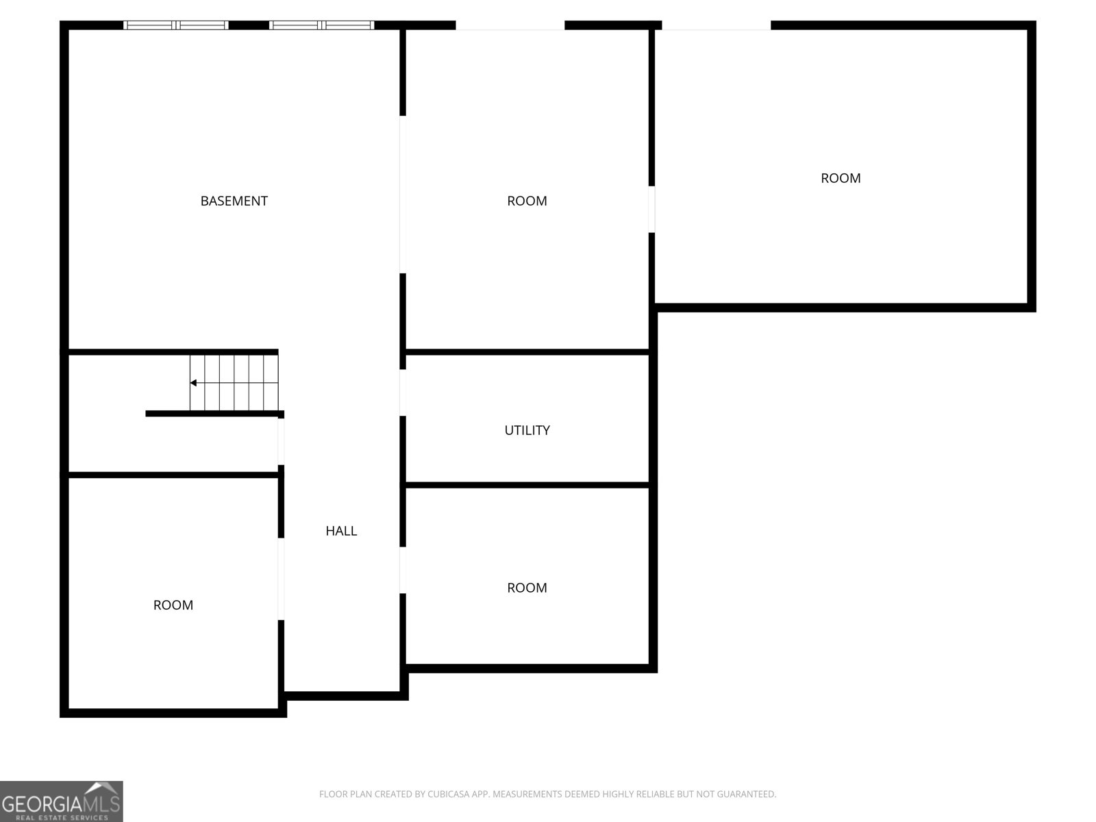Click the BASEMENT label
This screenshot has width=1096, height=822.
point(234,201)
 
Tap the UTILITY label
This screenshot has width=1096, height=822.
point(527,430)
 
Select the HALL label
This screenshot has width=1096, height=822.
point(341,531)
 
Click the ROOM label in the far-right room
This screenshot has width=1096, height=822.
point(840,178)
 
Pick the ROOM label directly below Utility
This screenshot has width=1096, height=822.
point(527,588)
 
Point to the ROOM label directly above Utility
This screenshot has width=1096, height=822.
point(527,201)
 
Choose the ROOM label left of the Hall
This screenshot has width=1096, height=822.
point(173,605)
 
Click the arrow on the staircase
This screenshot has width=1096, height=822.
point(194,383)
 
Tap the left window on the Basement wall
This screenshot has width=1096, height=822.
point(176,25)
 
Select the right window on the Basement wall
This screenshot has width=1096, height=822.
point(322,25)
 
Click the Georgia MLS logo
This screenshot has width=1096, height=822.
point(62,801)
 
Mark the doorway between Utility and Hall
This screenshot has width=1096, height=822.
point(403,393)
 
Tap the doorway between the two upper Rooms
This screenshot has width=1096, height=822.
point(651,209)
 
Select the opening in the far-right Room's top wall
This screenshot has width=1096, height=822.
point(716,25)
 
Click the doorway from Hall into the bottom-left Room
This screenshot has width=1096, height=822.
point(281,579)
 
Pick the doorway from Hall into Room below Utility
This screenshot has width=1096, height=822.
point(403,570)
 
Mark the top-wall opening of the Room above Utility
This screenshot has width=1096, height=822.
point(510,25)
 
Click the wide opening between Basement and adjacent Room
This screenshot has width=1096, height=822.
point(403,195)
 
